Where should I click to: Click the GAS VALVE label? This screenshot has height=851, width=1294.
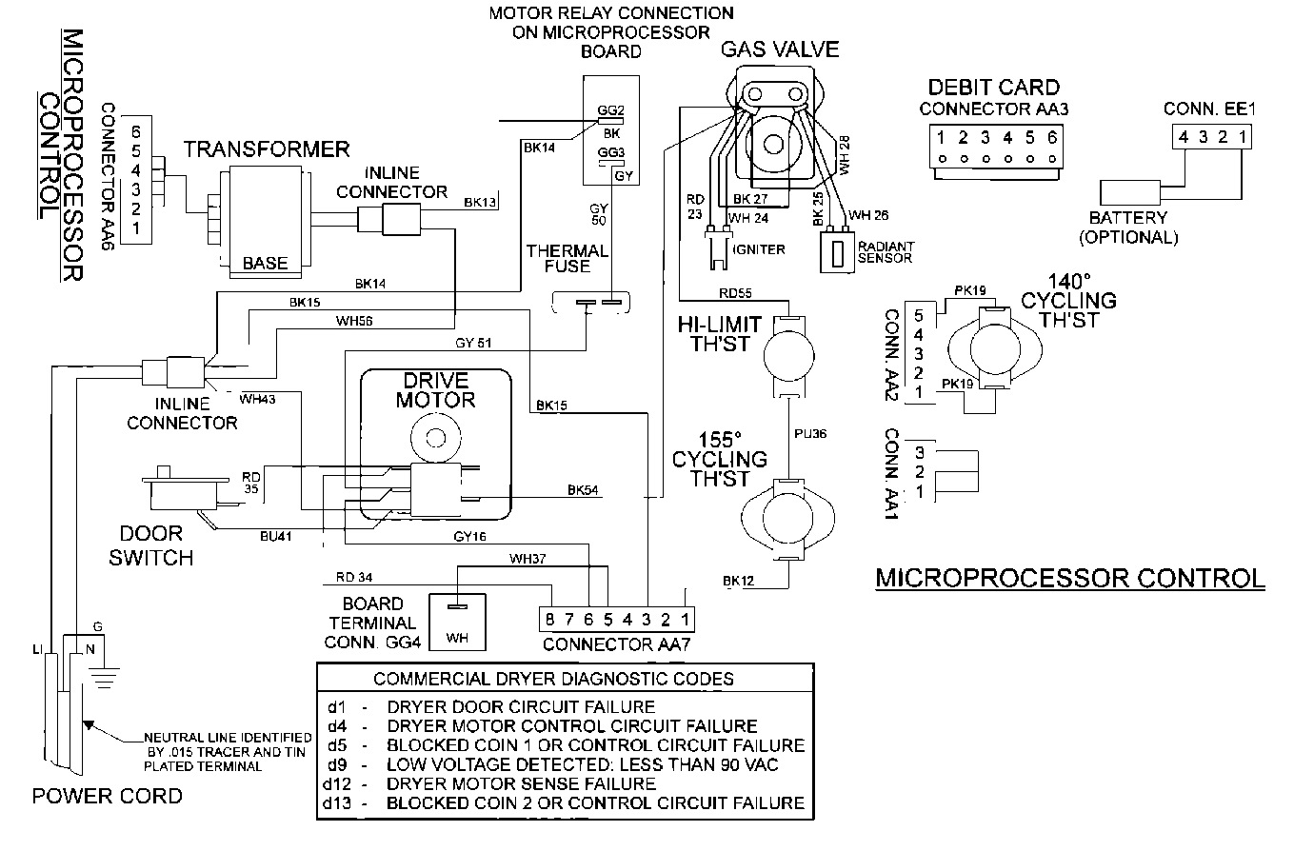(x=780, y=49)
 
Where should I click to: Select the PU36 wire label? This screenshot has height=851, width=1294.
(x=810, y=434)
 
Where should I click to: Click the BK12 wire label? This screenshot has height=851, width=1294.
(x=738, y=581)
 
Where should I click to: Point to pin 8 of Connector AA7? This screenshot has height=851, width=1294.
(x=548, y=620)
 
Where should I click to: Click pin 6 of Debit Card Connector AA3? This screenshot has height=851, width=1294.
(x=1051, y=137)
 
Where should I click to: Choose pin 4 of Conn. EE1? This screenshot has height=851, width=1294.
(x=1182, y=137)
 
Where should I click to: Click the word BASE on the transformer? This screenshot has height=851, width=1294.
(x=265, y=264)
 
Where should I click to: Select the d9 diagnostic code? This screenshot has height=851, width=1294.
(x=334, y=764)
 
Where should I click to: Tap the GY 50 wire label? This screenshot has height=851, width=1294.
(x=597, y=214)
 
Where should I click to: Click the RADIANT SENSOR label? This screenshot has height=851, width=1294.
(x=886, y=251)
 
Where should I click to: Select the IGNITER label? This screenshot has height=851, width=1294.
(x=760, y=249)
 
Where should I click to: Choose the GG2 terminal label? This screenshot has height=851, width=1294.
(x=610, y=110)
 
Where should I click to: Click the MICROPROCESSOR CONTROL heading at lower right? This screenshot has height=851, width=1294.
(x=1069, y=578)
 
